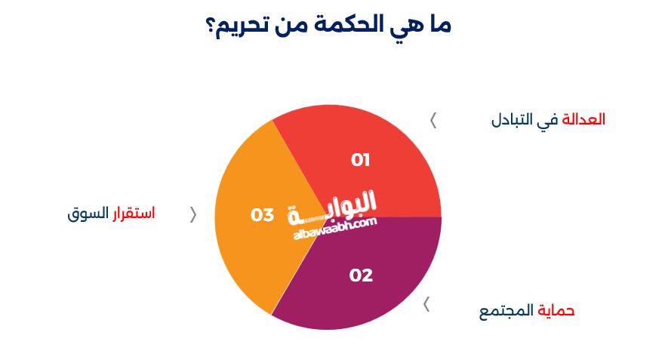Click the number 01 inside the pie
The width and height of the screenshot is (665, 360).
(361, 160)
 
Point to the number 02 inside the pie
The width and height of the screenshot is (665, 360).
(361, 275)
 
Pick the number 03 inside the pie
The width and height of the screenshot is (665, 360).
(262, 215)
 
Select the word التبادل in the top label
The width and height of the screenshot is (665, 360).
(512, 120)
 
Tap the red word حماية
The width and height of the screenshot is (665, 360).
(556, 311)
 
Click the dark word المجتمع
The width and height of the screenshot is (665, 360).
(506, 311)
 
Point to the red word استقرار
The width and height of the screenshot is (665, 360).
(134, 214)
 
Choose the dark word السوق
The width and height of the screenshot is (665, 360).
(88, 214)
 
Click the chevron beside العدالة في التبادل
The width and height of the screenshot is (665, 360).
(433, 119)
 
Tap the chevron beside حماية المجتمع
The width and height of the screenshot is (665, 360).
(426, 304)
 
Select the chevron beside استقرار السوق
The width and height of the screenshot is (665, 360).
(193, 214)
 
